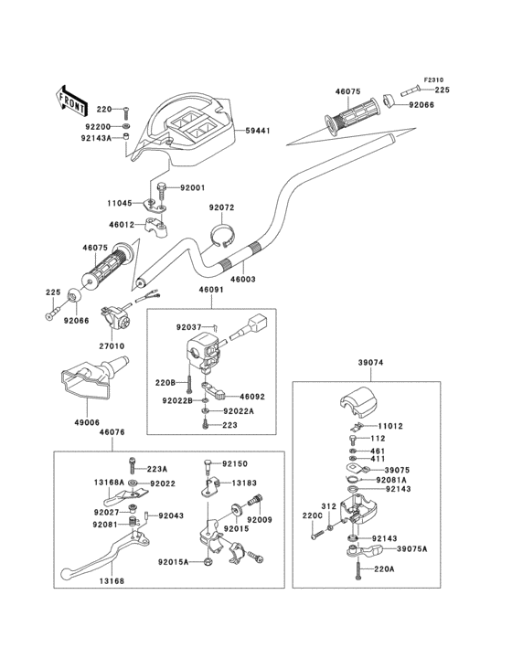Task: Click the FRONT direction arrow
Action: click(71, 101)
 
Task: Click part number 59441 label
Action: click(258, 131)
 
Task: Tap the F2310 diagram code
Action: click(433, 80)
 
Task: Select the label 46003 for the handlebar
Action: click(243, 280)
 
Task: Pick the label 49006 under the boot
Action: click(87, 422)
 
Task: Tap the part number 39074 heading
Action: click(370, 363)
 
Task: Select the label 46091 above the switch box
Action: click(211, 290)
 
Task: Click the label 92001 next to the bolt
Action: click(192, 187)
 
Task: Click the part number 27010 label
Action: click(112, 346)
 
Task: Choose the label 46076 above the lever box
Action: click(112, 432)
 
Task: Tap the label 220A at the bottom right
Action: click(384, 568)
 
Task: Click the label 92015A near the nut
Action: click(173, 562)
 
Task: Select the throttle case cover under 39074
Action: click(358, 403)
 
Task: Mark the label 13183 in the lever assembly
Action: click(244, 483)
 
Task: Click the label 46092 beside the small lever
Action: click(252, 397)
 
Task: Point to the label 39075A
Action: click(411, 548)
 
